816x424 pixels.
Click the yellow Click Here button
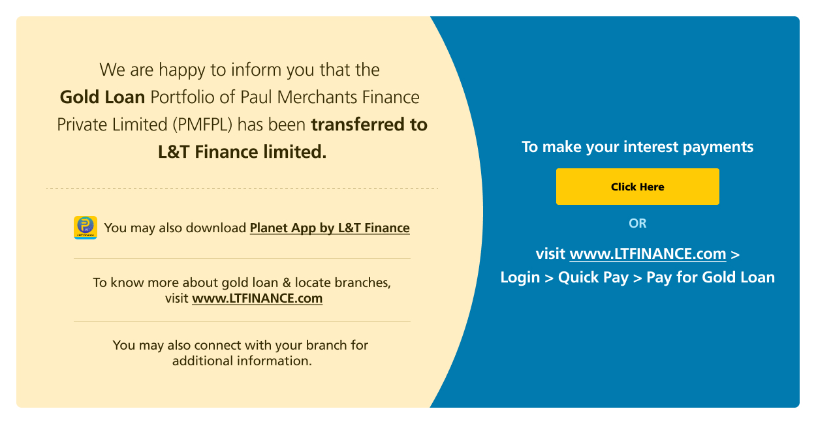click(x=638, y=187)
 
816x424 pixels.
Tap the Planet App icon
click(x=86, y=228)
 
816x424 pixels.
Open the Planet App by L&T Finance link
click(x=330, y=228)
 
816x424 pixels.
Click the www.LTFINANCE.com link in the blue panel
click(x=648, y=254)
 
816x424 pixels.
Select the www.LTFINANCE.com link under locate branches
click(x=257, y=299)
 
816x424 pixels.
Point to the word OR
click(x=638, y=223)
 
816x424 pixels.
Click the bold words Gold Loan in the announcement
click(x=102, y=97)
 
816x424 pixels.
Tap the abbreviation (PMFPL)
click(x=202, y=125)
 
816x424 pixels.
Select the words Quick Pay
click(x=593, y=277)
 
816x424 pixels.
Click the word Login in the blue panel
click(x=520, y=277)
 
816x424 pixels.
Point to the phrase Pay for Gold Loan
click(x=710, y=277)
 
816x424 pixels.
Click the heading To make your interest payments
click(x=638, y=147)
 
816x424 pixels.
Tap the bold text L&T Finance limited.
click(x=242, y=152)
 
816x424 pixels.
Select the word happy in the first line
click(x=181, y=70)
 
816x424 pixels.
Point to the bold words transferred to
click(x=369, y=125)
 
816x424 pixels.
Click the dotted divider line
click(x=242, y=189)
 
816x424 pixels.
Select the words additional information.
click(x=242, y=361)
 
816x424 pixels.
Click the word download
click(x=216, y=228)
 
